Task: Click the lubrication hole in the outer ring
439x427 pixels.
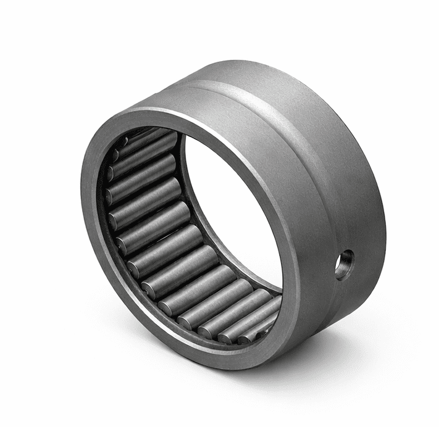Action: point(344,264)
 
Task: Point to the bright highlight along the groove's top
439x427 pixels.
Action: point(247,83)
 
